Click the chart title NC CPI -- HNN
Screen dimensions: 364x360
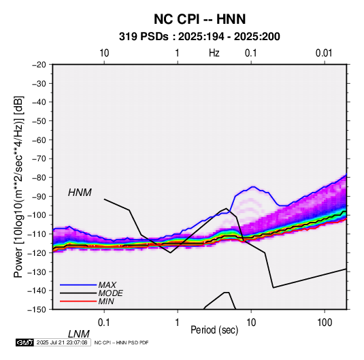[199, 19]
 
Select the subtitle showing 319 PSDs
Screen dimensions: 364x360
[199, 37]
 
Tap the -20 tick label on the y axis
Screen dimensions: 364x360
[39, 65]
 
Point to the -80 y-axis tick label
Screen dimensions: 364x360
[39, 178]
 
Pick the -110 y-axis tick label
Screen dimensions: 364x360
[37, 234]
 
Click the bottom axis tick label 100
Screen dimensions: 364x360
[324, 323]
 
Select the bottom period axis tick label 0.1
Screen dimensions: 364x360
[104, 323]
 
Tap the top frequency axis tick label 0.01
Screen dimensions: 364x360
[324, 53]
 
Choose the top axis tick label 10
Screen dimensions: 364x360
[104, 53]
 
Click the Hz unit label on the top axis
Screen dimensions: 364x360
[214, 53]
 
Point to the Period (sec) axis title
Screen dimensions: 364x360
[214, 330]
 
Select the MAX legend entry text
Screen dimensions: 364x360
[107, 285]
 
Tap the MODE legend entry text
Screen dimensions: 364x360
[110, 293]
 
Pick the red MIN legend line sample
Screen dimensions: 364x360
[78, 301]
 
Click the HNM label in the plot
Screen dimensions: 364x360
[80, 193]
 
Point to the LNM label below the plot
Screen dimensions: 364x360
[79, 334]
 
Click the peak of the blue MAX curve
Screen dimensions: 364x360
[253, 186]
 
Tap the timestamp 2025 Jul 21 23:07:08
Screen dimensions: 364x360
[62, 342]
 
